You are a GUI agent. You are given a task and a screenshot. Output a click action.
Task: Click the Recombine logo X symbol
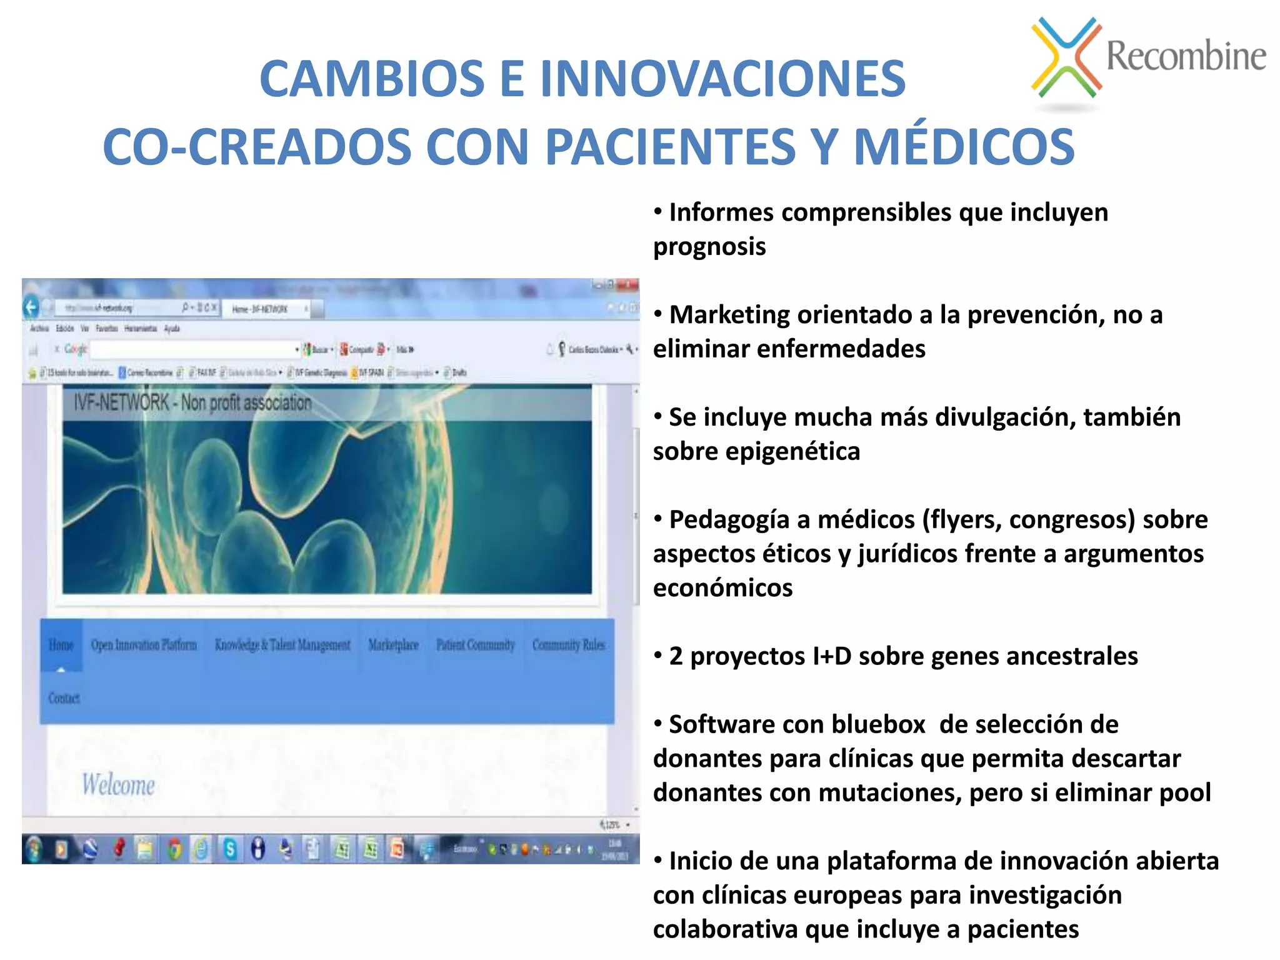click(x=1066, y=57)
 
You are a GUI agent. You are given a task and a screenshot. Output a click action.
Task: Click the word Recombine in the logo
click(x=1186, y=56)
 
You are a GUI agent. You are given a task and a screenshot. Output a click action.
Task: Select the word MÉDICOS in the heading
click(x=964, y=147)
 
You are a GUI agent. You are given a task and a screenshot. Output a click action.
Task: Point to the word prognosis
click(x=709, y=247)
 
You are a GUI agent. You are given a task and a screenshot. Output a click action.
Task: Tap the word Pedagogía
click(x=729, y=520)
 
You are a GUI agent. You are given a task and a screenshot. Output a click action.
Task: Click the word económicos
click(x=722, y=588)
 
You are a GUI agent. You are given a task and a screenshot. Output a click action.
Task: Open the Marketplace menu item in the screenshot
click(x=393, y=645)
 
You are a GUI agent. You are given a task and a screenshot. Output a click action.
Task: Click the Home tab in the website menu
click(x=61, y=645)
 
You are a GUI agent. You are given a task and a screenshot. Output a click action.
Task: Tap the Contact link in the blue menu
click(x=64, y=698)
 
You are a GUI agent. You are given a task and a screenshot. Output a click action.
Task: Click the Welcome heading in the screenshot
click(x=118, y=785)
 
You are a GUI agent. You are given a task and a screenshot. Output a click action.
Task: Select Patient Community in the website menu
click(x=475, y=645)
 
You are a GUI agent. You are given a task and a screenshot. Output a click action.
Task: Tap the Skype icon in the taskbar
click(x=230, y=849)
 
